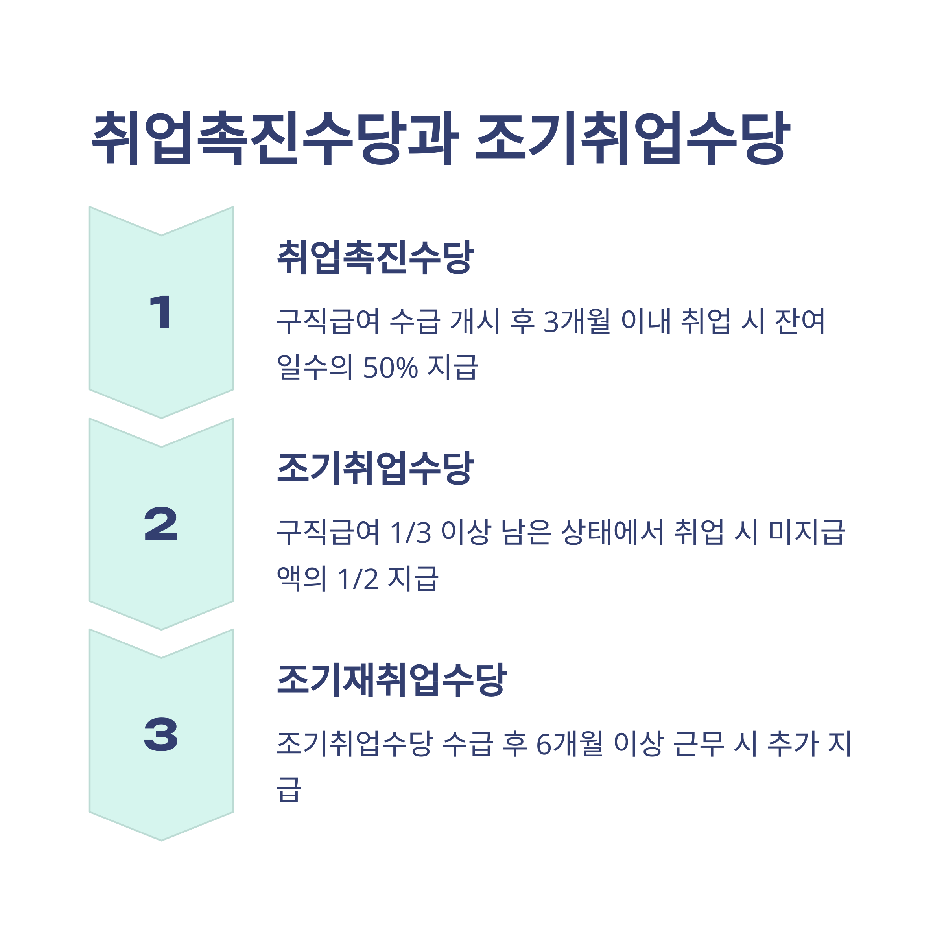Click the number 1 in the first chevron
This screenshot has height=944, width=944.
[161, 312]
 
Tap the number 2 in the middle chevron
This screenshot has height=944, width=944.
[161, 524]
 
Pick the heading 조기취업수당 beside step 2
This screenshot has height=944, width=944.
[375, 468]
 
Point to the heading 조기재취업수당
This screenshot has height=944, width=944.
[391, 680]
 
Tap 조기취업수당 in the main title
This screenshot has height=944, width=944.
[633, 138]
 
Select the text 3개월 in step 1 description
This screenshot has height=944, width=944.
[577, 321]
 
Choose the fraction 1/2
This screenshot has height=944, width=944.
[358, 579]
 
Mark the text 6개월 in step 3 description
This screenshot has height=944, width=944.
[569, 744]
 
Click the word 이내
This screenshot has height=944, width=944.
[646, 321]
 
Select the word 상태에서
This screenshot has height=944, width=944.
[612, 533]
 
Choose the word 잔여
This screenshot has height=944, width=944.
[800, 321]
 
